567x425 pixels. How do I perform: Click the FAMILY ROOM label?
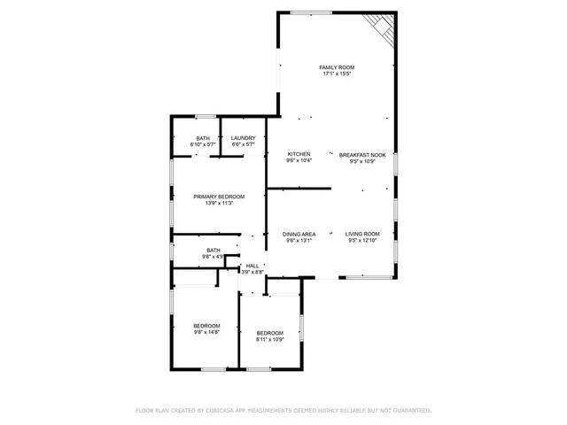tap(337, 68)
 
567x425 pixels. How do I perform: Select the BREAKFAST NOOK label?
tap(363, 155)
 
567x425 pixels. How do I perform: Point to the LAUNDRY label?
tap(243, 138)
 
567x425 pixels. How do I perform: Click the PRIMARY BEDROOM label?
tap(219, 197)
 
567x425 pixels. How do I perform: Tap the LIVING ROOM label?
tap(362, 234)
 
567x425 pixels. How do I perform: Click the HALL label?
tap(252, 266)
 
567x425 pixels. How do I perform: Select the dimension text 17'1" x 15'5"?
tap(337, 74)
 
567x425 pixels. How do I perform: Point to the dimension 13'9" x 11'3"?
tap(219, 203)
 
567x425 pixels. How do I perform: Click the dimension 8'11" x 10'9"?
tap(270, 339)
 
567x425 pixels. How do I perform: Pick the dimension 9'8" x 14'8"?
tap(206, 332)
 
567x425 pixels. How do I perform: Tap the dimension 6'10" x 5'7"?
tap(203, 144)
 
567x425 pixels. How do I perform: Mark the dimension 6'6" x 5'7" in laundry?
tap(243, 144)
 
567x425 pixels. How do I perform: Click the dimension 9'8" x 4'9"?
tap(213, 257)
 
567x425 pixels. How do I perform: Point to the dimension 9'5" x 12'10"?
tap(362, 240)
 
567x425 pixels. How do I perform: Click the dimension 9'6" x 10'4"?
tap(298, 161)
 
